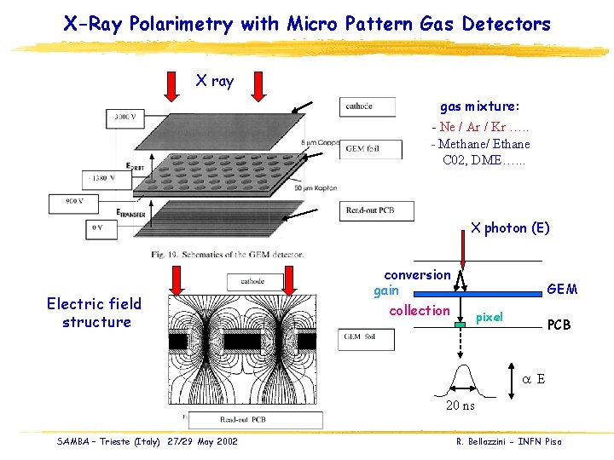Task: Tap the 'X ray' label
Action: click(214, 81)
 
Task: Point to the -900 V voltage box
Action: click(70, 202)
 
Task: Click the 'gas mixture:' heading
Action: click(479, 107)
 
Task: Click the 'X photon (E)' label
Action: click(510, 227)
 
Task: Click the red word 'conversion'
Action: click(417, 274)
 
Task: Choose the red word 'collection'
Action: click(419, 310)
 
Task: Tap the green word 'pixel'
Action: click(489, 317)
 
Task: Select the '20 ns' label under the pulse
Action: click(460, 405)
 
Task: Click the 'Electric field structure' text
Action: click(96, 313)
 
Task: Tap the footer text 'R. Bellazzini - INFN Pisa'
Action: click(509, 440)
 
